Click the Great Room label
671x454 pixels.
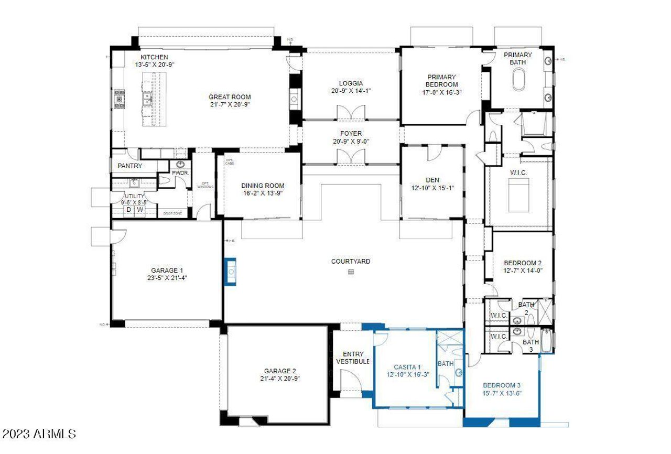[x=230, y=97]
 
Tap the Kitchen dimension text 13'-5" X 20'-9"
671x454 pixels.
[x=154, y=64]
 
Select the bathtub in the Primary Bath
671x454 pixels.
[x=518, y=83]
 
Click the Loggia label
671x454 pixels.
[x=351, y=83]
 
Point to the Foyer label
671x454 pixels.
[x=351, y=134]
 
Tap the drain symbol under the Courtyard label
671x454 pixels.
[x=351, y=272]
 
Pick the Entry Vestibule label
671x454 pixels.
[x=353, y=358]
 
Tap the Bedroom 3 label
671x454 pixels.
[x=502, y=385]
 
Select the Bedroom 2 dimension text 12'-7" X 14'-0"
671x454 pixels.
[x=522, y=271]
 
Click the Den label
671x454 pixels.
[x=432, y=180]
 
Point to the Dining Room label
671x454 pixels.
[x=263, y=186]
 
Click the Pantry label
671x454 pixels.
[x=129, y=166]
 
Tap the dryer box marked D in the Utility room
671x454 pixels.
[x=128, y=210]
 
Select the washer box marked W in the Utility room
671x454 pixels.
[x=140, y=210]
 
